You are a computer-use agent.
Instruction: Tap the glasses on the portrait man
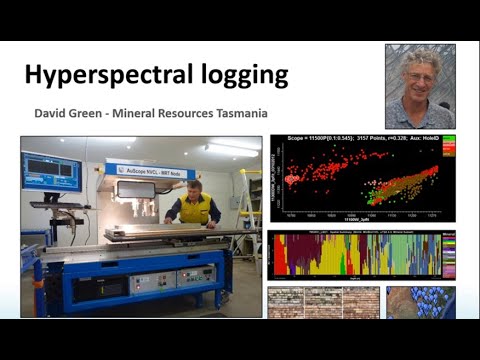(420, 76)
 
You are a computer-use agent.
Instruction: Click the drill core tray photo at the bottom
(323, 303)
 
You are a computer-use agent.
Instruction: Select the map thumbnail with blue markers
(421, 303)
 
